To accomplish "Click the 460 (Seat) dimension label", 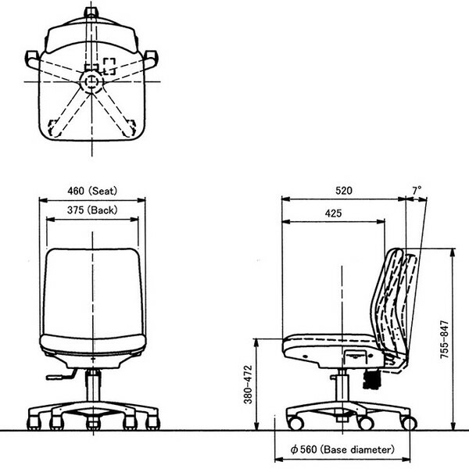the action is click(92, 191).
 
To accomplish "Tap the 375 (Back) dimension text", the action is click(92, 210).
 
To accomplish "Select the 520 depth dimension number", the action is click(344, 191).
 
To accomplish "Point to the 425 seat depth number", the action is click(333, 213).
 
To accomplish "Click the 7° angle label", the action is click(417, 190).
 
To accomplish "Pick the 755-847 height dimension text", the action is click(445, 339).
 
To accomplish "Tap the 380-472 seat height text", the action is click(249, 385).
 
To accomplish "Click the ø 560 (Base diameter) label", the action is click(342, 449).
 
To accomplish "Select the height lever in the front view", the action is click(61, 375).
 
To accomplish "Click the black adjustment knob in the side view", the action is click(372, 379).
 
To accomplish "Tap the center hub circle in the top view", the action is click(91, 81).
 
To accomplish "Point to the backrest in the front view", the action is click(93, 292).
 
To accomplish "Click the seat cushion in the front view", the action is click(93, 343).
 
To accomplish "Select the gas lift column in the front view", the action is click(93, 386).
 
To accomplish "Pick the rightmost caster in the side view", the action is click(409, 423).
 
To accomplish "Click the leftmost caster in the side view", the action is click(295, 423).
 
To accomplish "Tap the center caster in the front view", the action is click(93, 423).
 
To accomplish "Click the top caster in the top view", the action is click(91, 12).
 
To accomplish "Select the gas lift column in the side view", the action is click(342, 386).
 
